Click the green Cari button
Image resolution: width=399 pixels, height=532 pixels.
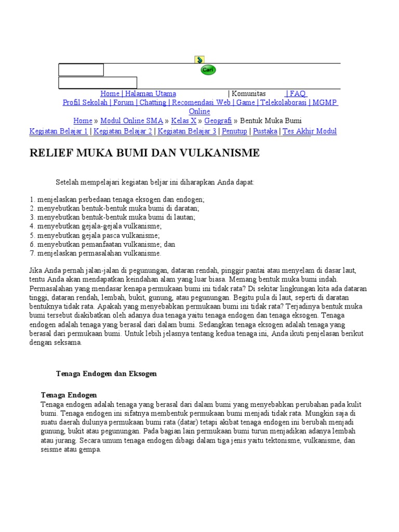pos(208,70)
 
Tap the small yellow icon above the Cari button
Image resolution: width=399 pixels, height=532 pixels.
pos(199,60)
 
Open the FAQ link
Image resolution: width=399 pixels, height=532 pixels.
pos(297,94)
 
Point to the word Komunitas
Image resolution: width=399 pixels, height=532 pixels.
pos(248,94)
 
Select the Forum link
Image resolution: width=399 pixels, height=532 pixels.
pos(123,102)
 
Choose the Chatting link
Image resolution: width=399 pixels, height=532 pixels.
pos(153,102)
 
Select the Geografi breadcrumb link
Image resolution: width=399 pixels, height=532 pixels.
pos(218,121)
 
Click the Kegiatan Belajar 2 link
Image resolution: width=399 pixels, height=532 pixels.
pos(123,131)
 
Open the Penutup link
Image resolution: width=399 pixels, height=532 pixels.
pos(234,131)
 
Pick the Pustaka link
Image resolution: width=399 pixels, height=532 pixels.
pos(265,131)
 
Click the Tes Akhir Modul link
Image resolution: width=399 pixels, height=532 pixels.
pos(310,131)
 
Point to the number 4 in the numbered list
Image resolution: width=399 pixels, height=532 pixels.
pos(32,227)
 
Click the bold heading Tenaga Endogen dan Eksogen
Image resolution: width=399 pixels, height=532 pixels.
pos(106,374)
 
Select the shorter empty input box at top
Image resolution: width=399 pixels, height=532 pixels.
pos(81,70)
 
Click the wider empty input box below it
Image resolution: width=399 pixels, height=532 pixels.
pos(98,83)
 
